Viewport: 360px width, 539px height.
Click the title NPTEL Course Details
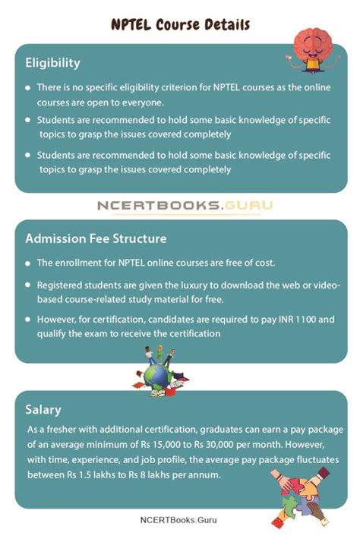point(180,24)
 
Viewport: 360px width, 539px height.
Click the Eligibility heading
point(52,62)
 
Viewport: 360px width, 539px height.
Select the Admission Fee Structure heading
point(96,238)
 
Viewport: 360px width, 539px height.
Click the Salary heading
point(43,410)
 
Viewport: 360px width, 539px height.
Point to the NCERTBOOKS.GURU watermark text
point(185,205)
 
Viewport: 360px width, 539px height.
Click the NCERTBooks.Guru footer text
point(180,520)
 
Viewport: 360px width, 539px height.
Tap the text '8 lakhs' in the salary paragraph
point(182,475)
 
